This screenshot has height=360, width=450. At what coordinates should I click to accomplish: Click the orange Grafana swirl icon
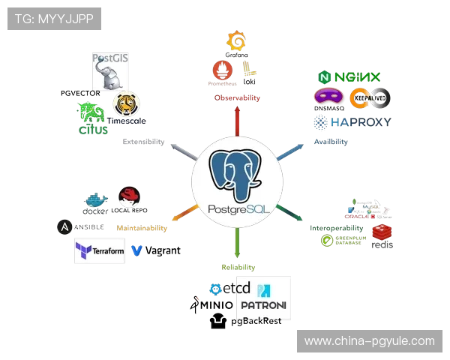click(x=237, y=43)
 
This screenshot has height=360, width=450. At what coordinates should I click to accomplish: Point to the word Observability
click(x=238, y=98)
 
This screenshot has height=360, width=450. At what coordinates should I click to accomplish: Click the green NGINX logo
click(x=350, y=78)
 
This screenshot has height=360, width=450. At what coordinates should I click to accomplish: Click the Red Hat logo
click(x=130, y=198)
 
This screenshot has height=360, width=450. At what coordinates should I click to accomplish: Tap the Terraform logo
click(x=99, y=251)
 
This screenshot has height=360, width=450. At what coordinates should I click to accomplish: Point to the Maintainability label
click(x=141, y=227)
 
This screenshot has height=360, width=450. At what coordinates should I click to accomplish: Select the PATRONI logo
click(x=264, y=298)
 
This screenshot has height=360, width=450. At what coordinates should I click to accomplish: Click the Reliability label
click(x=238, y=267)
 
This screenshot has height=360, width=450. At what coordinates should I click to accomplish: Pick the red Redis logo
click(x=382, y=235)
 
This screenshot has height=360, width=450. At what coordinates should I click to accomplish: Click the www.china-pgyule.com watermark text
click(x=369, y=341)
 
